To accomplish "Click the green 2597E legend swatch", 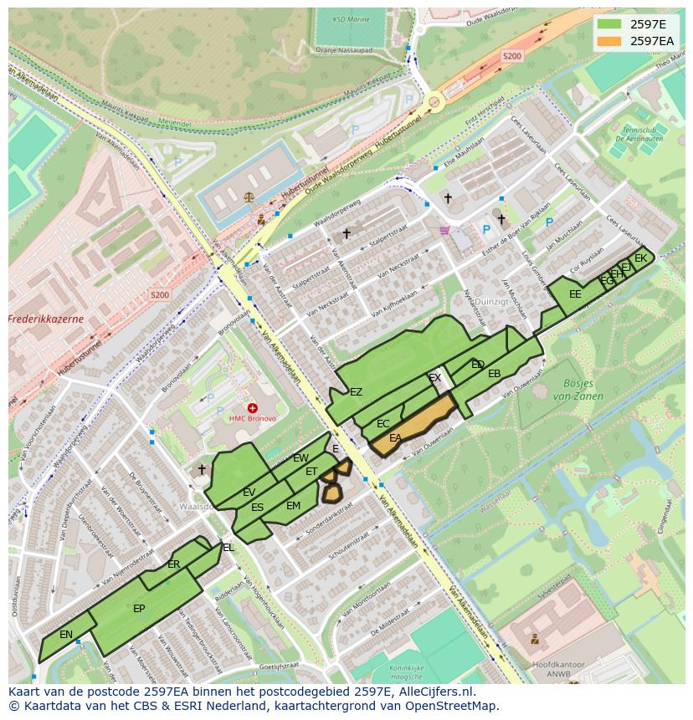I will coord(609,24).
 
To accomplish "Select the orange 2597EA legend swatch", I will coord(609,41).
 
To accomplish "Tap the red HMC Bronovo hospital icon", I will coord(252,408).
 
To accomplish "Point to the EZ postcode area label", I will coord(356,392).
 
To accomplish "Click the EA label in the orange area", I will coord(395,437).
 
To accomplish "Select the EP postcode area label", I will coord(139,609).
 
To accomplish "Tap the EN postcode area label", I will coord(66,635).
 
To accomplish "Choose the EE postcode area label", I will coord(575,294).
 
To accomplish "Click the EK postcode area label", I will coord(640,258).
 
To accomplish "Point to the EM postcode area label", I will coord(293,506).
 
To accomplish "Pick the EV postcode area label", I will coord(249,493).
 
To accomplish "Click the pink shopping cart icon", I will coord(444,230).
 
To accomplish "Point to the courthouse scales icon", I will coord(248,197).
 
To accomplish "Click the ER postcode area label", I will coord(173,564).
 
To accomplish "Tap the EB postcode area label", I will coord(494,374).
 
